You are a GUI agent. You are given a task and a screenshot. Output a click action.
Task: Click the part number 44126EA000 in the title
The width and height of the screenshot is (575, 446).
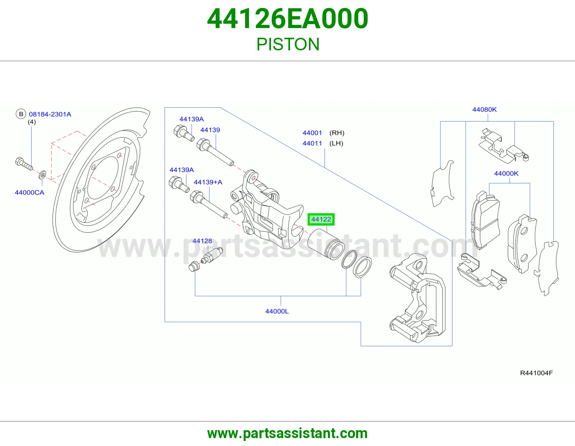tap(287, 19)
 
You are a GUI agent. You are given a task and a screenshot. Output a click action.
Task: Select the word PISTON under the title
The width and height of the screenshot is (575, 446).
tap(288, 44)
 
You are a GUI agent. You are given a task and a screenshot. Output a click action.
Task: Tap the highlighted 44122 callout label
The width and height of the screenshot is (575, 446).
tap(321, 219)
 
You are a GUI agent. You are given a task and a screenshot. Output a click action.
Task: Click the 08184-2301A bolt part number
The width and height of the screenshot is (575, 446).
tap(50, 114)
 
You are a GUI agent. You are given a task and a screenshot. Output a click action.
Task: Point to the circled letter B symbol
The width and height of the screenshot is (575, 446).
tap(21, 114)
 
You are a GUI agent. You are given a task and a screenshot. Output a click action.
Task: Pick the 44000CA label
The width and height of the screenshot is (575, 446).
tap(29, 192)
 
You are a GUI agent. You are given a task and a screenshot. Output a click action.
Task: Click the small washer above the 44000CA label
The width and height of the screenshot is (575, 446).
tap(42, 175)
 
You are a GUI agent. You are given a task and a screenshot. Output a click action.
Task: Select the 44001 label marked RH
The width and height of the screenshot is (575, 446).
tap(312, 133)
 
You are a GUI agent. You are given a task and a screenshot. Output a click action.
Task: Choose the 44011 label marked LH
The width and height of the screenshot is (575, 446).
tap(312, 143)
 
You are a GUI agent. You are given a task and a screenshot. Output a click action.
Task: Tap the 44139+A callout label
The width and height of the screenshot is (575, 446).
tap(208, 182)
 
